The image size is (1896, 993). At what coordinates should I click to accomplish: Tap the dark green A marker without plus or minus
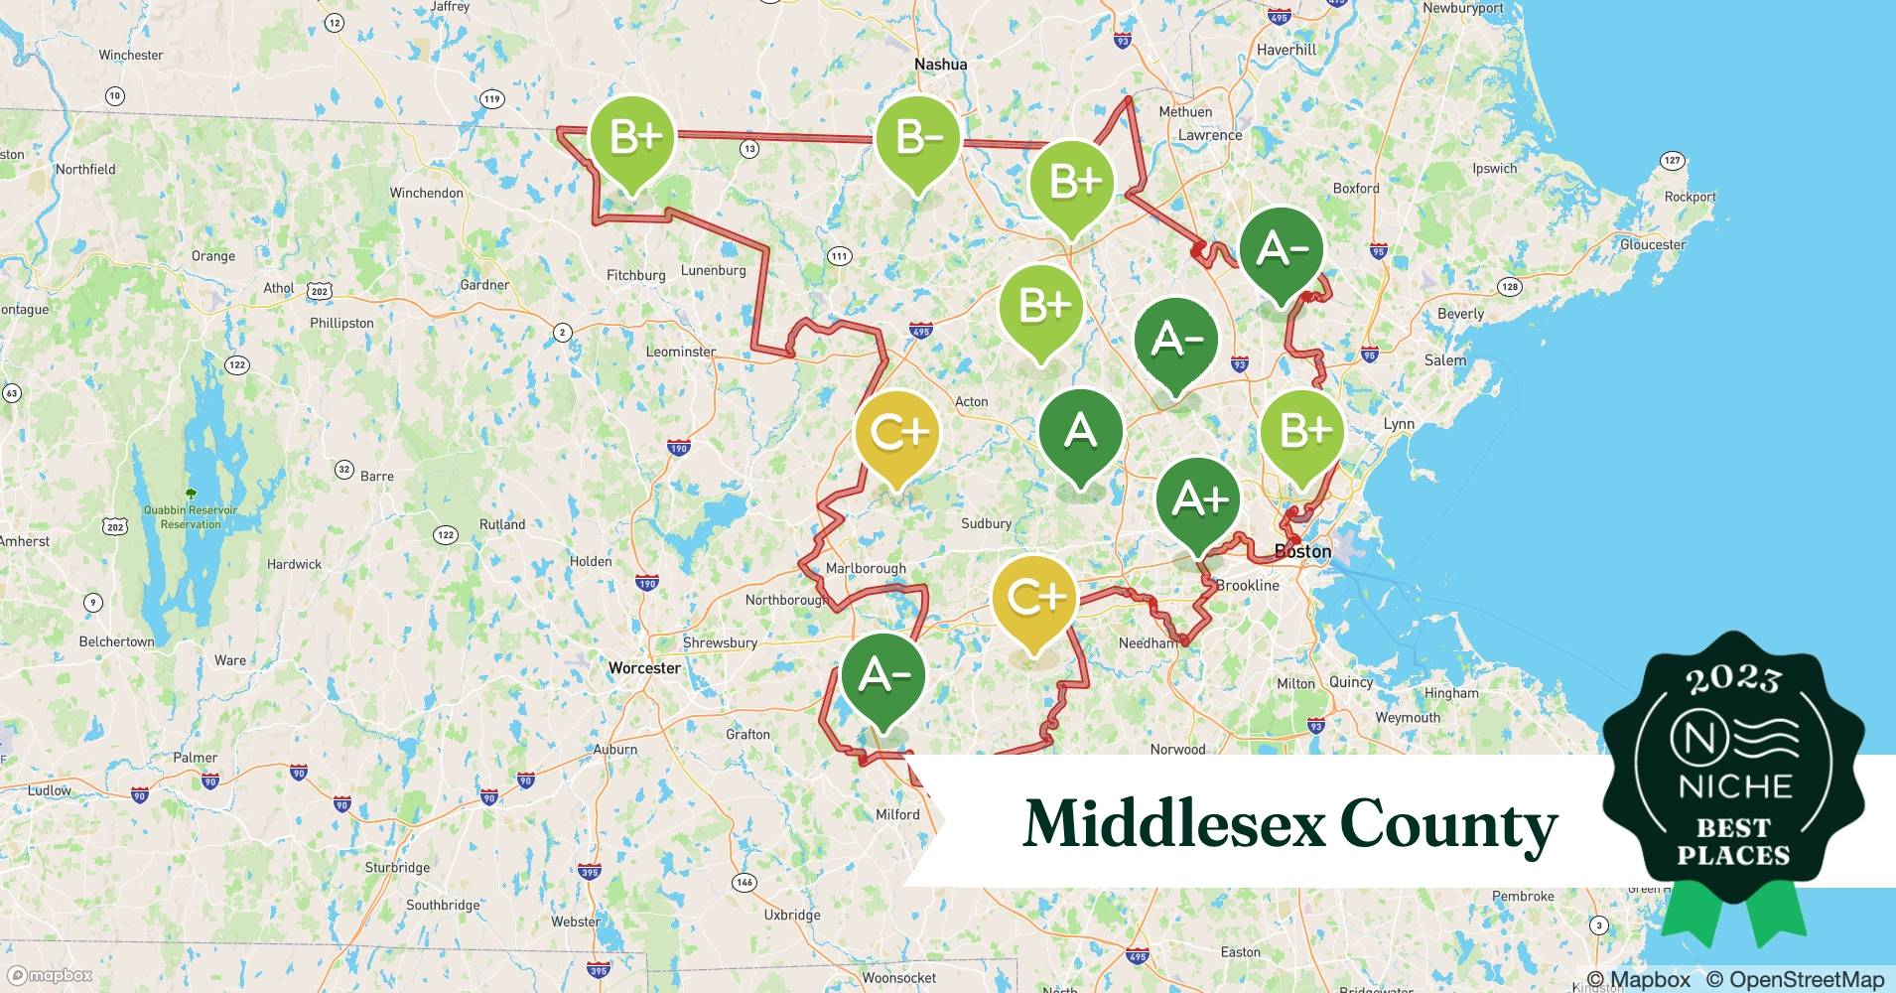point(1080,433)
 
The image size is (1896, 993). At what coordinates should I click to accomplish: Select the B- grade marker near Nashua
point(917,139)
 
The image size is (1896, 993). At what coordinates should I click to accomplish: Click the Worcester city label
point(644,668)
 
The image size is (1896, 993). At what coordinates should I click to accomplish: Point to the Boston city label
point(1302,551)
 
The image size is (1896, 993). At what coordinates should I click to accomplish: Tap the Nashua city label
point(940,65)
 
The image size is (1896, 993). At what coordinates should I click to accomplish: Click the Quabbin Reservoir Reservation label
point(191,516)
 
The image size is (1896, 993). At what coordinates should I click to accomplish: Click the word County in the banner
point(1448,824)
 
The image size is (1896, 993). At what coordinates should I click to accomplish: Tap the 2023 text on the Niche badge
point(1733,679)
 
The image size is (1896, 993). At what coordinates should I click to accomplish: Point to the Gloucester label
point(1652,244)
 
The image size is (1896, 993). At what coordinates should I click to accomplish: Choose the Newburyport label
point(1462,8)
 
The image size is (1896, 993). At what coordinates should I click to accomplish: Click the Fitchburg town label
point(635,275)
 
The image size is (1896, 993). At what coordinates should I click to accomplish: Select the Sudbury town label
point(986,523)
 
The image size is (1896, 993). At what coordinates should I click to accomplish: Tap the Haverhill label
point(1286,50)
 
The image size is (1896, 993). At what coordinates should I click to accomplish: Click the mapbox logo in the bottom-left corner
point(49,975)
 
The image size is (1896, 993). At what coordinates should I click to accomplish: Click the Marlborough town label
point(866,568)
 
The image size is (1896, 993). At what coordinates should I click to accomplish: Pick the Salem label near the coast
point(1444,360)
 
